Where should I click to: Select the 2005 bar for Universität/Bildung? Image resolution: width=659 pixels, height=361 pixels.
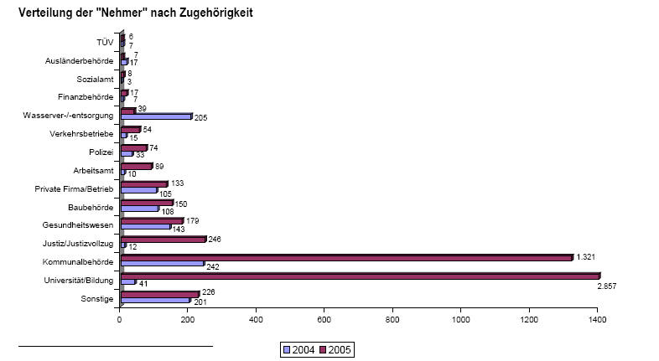[x=361, y=275]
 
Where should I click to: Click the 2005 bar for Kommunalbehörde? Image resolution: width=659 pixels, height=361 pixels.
[x=347, y=257]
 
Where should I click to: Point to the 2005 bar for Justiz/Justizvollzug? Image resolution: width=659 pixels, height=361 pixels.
[x=164, y=239]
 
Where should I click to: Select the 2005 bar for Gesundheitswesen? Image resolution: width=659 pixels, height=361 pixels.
[x=153, y=220]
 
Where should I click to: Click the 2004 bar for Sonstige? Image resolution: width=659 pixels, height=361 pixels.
[x=156, y=299]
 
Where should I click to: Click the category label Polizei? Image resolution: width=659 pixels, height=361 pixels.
[x=101, y=152]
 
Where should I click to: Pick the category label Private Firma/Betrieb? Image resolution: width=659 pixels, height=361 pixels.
[x=74, y=188]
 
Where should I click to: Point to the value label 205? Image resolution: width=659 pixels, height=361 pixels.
[x=200, y=117]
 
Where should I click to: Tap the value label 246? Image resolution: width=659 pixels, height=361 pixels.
[x=215, y=238]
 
